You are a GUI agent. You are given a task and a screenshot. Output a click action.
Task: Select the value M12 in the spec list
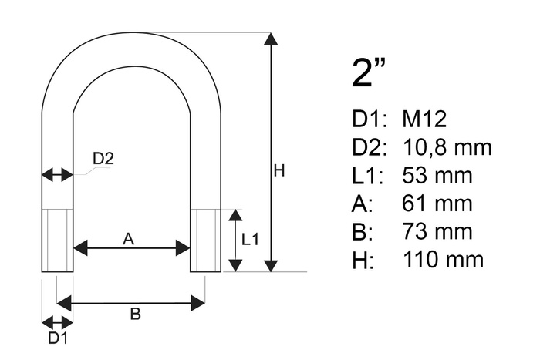[424, 119]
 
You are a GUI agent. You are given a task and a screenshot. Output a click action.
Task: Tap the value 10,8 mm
[447, 147]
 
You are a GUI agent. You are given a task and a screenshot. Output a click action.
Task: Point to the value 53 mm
[437, 176]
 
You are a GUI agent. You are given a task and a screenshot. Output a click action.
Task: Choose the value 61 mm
[437, 204]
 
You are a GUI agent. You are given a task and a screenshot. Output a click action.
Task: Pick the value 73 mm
[437, 231]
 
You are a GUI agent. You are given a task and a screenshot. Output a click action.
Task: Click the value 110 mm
[443, 259]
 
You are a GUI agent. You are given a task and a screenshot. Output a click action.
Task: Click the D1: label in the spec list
[367, 119]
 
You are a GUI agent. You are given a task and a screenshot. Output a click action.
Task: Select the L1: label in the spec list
[366, 176]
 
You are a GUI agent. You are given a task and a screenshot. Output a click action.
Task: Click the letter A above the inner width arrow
[129, 240]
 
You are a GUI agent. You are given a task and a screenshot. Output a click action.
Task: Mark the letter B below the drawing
[134, 314]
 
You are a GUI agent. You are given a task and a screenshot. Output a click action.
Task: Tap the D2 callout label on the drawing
[103, 160]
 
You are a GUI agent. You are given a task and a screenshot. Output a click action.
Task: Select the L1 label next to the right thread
[251, 240]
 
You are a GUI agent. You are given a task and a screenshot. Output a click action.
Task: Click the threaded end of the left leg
[57, 240]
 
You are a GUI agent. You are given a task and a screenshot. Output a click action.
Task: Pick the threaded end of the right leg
[205, 240]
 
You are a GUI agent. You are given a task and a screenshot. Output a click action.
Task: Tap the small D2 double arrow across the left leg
[57, 175]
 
